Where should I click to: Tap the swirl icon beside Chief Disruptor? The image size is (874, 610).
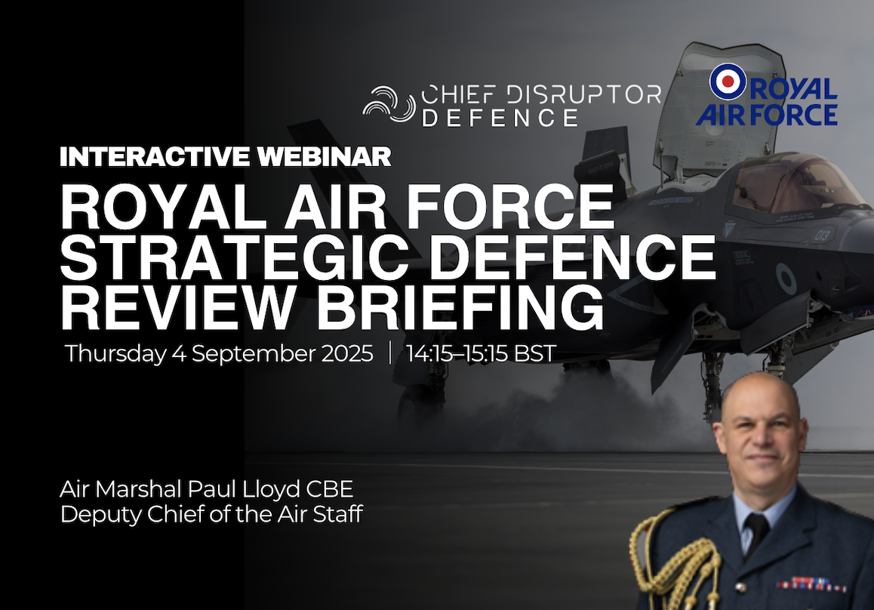click(x=388, y=104)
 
